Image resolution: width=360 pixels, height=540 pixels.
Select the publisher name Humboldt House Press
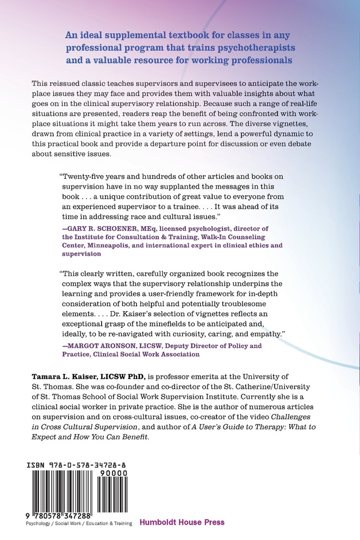pos(182,523)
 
